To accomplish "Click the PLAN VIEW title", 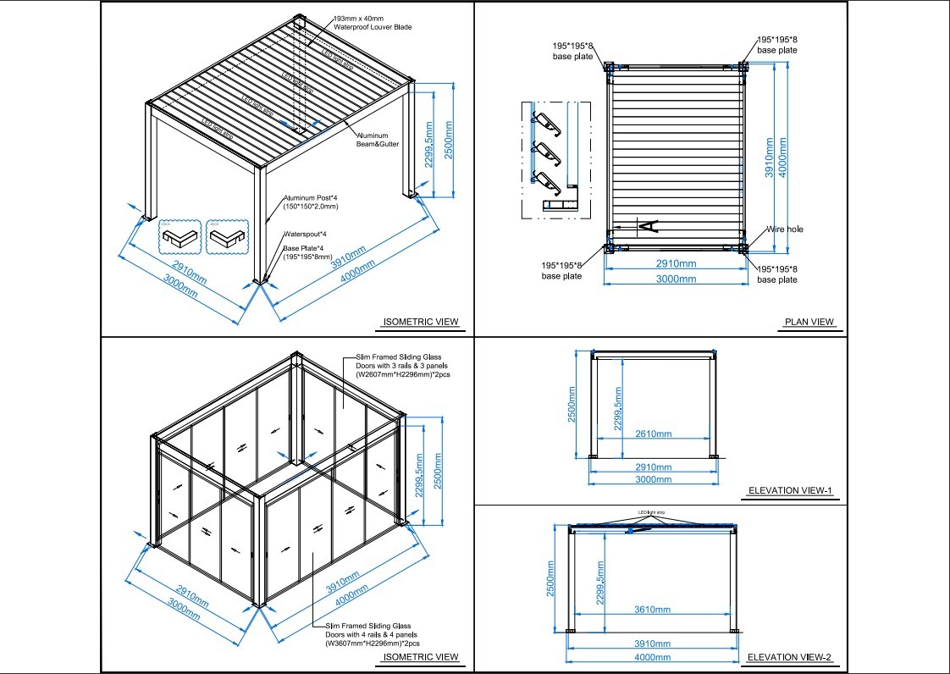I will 809,322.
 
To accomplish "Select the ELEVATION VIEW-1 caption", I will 791,490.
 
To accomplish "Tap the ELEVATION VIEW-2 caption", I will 791,657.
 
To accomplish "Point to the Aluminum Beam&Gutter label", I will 377,140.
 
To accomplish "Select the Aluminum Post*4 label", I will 311,202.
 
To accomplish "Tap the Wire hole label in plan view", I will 785,229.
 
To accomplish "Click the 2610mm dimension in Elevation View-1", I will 653,434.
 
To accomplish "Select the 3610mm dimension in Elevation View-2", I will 652,610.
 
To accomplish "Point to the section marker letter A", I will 646,225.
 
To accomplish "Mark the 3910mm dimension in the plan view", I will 770,157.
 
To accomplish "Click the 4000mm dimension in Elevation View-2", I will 652,657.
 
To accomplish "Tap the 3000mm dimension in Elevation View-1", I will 653,479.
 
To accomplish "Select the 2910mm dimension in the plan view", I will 677,264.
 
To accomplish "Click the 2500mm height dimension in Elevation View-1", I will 572,405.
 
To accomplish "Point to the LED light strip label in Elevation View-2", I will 653,512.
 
